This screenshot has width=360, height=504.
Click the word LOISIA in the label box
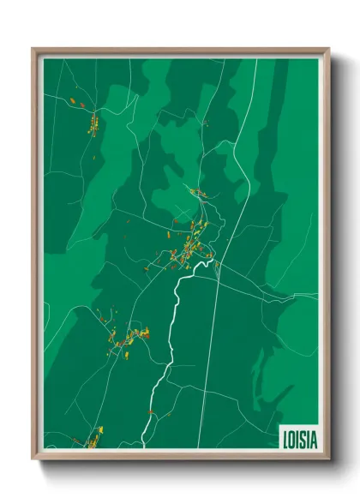(300, 438)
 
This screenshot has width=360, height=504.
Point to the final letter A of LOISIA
(314, 438)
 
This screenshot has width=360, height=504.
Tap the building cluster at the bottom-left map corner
(93, 439)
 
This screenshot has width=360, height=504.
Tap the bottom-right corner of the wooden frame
(329, 459)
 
